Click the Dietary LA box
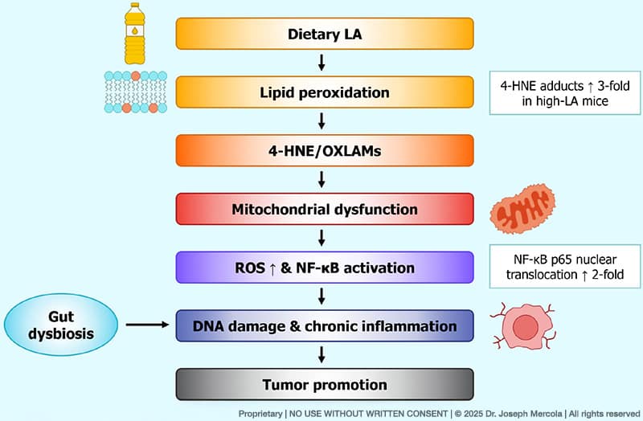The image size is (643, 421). pos(321,35)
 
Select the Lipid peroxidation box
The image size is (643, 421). pos(321,92)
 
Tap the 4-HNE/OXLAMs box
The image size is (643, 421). pos(321,151)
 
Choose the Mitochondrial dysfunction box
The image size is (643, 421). pos(321,210)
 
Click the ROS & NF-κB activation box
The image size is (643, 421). pos(321,268)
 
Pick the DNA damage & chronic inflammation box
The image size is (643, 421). pos(321,326)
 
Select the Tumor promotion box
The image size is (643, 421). pos(321,384)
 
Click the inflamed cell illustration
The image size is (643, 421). pos(526,329)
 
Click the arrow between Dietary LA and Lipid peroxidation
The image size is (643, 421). pos(321,63)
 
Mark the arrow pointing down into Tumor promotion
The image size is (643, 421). pos(321,355)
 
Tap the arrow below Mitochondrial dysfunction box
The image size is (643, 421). pos(321,239)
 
